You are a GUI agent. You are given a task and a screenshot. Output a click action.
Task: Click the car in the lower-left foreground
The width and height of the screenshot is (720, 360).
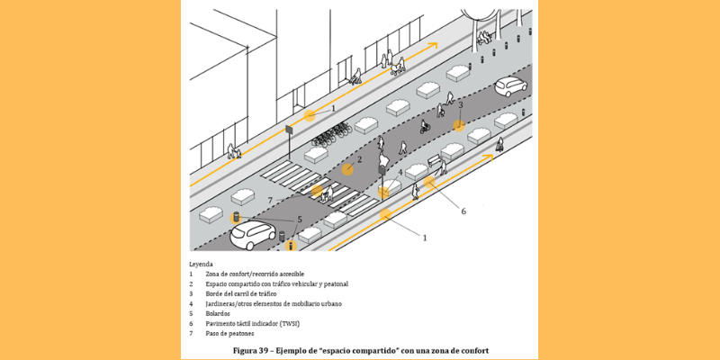coord(253,235)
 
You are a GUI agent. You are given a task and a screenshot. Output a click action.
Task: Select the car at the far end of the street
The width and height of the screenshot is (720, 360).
coord(510,85)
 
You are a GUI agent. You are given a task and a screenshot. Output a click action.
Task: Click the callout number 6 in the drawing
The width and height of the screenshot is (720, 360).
coord(463,212)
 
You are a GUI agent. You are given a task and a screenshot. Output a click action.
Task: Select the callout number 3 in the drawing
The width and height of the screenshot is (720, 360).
coord(460,104)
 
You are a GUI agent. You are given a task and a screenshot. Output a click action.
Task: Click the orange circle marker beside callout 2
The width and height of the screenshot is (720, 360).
coord(346,168)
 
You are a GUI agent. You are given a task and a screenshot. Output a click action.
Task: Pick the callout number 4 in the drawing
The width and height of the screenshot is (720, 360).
coord(400,171)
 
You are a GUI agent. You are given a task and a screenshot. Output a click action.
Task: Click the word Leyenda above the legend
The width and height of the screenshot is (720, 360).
coord(201,265)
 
